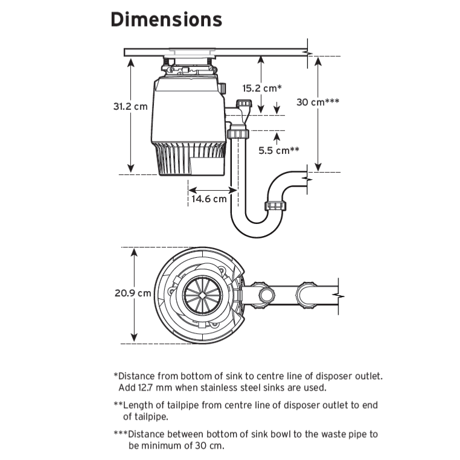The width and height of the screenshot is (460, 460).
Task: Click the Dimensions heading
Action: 166,19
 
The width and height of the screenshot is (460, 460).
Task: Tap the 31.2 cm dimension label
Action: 130,106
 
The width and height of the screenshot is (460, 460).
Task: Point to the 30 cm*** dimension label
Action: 318,102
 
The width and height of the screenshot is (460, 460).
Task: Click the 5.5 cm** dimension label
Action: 280,151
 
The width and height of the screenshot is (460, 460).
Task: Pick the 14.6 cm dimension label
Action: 209,198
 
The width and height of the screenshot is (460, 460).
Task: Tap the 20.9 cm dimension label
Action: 133,293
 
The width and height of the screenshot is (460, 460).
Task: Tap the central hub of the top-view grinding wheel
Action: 200,295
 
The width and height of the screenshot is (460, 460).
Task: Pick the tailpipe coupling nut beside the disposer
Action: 238,133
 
